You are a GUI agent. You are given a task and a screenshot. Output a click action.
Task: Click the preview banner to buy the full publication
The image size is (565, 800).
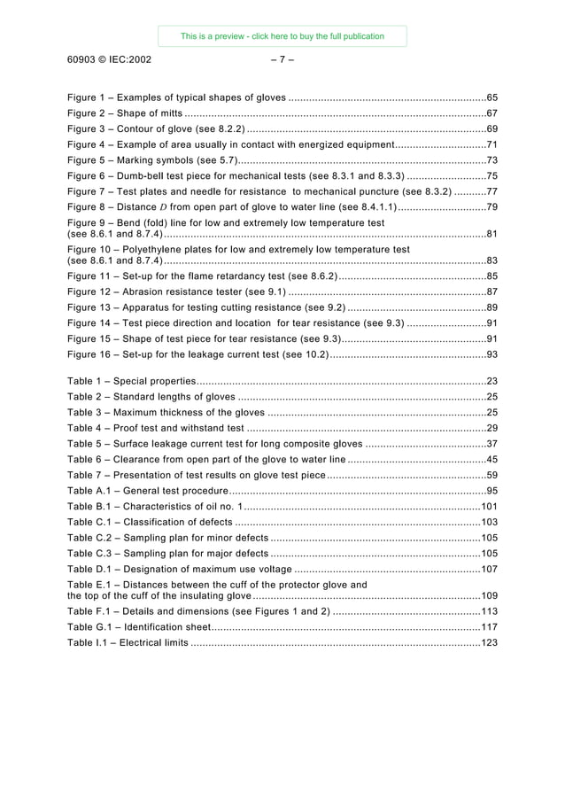[x=282, y=36]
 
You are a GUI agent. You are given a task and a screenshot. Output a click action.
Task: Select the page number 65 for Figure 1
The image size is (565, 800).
[x=491, y=97]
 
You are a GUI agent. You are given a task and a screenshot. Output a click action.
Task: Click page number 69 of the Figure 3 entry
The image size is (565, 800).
[x=491, y=129]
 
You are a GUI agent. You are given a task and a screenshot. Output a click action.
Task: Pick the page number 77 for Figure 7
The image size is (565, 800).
[x=491, y=191]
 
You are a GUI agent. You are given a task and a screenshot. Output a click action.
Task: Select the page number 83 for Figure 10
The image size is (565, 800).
[x=491, y=261]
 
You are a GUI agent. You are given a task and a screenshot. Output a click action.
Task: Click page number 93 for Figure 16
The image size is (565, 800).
[x=491, y=354]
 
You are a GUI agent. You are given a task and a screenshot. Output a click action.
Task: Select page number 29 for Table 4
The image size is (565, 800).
[x=491, y=428]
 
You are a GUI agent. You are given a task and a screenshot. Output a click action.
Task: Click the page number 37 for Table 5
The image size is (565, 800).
[x=491, y=444]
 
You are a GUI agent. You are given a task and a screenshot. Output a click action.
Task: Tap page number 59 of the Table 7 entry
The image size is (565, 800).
[x=491, y=476]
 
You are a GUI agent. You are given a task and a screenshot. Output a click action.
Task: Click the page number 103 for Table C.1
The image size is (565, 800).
[x=489, y=522]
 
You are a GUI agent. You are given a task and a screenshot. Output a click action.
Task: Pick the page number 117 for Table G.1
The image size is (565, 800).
[x=489, y=626]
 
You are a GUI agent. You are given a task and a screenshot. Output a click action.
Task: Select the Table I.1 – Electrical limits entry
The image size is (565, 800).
[x=128, y=642]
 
